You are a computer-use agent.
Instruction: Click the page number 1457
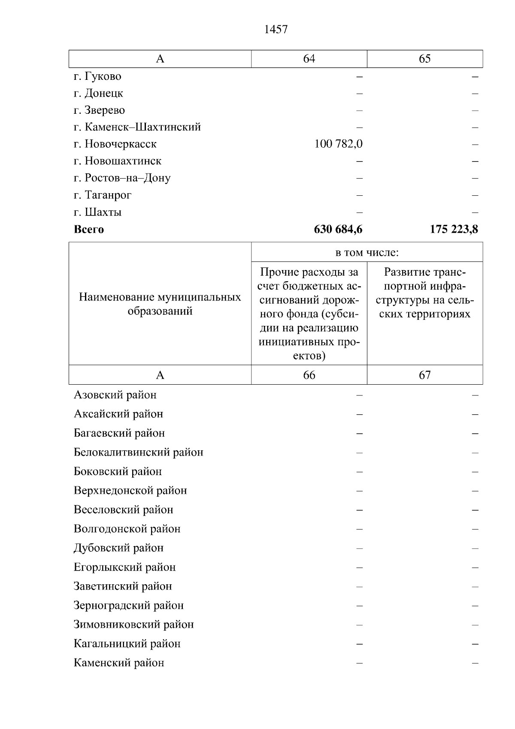tap(276, 30)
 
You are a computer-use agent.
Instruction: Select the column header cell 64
tap(309, 59)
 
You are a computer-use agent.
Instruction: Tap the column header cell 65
tap(424, 59)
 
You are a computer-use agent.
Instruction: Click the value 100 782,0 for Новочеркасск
tap(338, 144)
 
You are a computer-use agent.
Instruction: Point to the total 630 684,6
tap(338, 229)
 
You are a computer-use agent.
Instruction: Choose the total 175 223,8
tap(454, 229)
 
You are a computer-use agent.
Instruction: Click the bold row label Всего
tap(89, 229)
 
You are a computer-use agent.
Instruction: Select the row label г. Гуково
tap(97, 76)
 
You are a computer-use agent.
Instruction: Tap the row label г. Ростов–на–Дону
tap(122, 178)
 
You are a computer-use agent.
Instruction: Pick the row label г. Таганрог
tap(103, 195)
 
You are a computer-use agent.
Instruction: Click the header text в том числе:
tap(367, 252)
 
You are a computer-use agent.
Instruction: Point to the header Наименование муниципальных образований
tap(160, 304)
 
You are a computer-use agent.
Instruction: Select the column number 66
tap(309, 375)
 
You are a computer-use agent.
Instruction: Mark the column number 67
tap(424, 375)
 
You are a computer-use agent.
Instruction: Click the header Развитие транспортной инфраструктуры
tap(424, 293)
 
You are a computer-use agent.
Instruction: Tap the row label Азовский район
tap(115, 395)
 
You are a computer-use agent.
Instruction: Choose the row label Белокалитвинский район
tap(138, 452)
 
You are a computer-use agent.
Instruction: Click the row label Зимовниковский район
tap(133, 624)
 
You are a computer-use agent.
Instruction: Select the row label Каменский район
tap(119, 662)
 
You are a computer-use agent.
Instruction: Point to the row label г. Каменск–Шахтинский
tap(137, 127)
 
